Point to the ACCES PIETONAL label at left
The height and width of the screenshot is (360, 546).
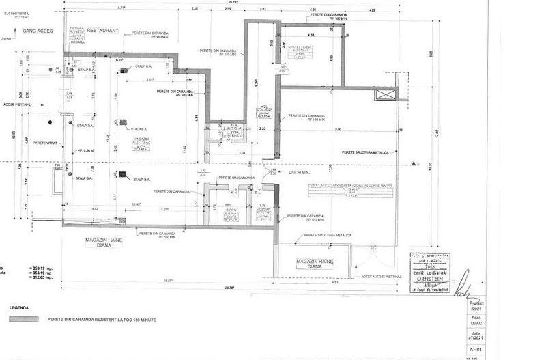coord(17,105)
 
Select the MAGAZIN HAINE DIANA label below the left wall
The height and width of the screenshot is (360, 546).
coord(102,243)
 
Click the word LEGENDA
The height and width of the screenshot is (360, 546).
coord(20,308)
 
